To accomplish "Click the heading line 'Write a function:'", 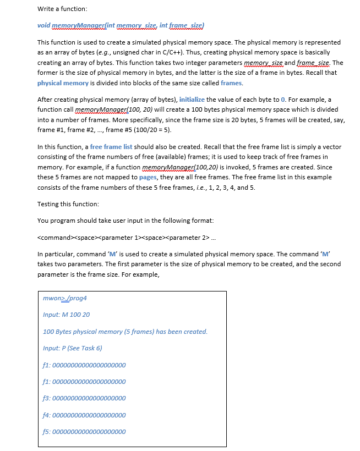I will click(62, 9).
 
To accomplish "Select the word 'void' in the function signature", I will click(43, 26).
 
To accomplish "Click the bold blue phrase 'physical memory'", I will click(63, 83).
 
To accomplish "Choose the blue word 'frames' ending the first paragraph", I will click(231, 83).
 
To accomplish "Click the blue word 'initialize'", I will click(192, 100).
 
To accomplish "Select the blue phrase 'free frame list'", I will click(111, 147).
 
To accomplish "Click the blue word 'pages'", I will click(148, 177).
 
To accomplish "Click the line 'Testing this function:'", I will click(68, 204).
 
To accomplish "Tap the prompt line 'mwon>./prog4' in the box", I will click(65, 298).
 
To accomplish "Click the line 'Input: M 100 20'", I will click(66, 315).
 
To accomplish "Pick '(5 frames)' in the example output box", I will click(127, 332).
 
